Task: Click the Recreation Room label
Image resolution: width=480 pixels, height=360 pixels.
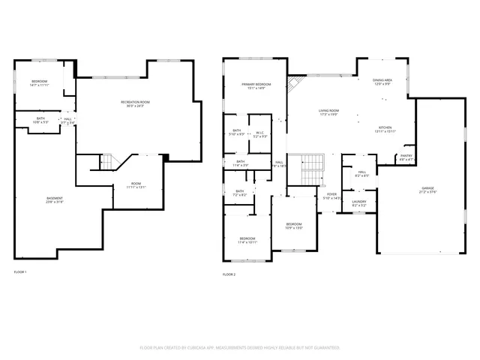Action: (x=136, y=103)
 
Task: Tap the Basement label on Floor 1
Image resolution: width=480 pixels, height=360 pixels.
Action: (x=54, y=199)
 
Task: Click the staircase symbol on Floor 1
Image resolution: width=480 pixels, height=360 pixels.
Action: (x=108, y=160)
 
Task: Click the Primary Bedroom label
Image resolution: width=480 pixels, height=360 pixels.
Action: (x=256, y=86)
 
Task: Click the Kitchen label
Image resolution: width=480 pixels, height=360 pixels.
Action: (x=385, y=129)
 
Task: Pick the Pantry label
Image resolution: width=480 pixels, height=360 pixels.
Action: (x=406, y=157)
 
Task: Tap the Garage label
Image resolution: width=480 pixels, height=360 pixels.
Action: (x=427, y=189)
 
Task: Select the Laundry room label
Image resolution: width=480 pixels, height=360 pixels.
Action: (x=359, y=202)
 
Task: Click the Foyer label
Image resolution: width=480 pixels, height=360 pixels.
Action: (x=331, y=196)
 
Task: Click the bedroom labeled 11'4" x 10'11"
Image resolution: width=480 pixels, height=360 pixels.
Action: (x=247, y=240)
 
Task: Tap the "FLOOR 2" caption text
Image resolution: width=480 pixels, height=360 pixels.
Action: (x=229, y=275)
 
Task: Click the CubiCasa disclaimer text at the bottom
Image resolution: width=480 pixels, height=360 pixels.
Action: (x=240, y=348)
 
